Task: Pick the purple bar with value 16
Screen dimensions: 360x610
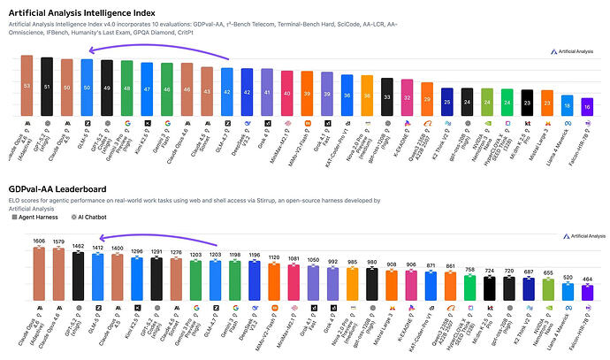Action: (587, 105)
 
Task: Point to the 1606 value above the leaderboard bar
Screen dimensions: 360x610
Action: (38, 240)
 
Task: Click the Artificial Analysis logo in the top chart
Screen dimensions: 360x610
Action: (568, 51)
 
